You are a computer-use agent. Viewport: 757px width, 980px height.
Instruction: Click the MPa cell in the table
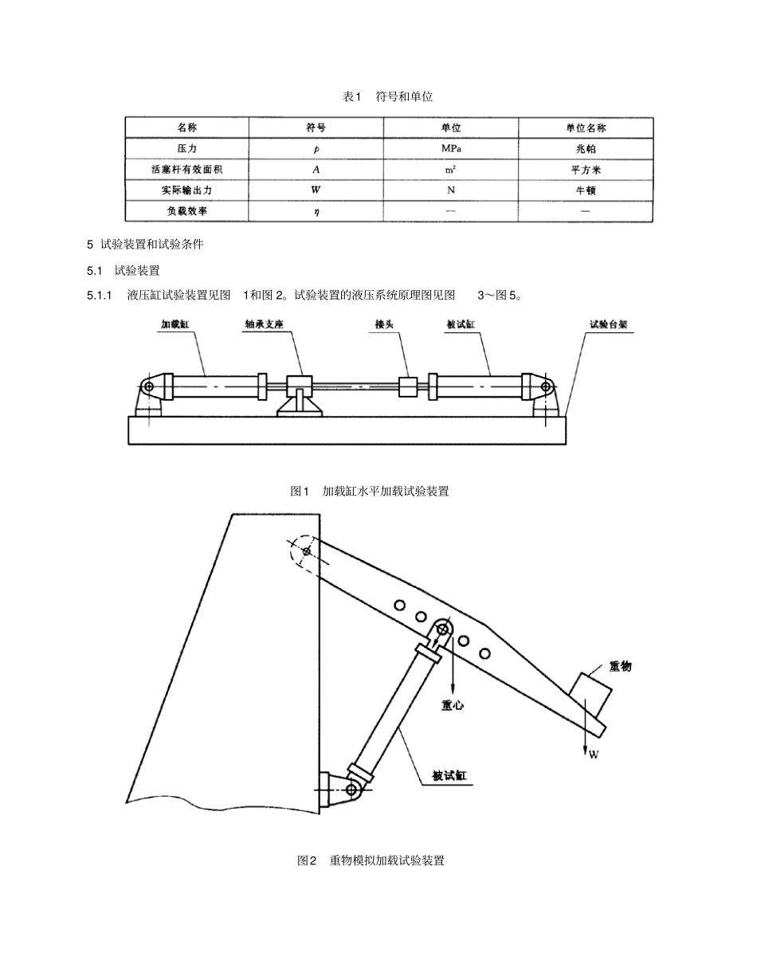tap(451, 148)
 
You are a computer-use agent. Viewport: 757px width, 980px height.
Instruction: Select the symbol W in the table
tap(316, 190)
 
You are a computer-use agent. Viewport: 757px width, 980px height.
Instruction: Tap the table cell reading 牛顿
tap(585, 190)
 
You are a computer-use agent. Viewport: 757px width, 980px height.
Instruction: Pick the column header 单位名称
tap(586, 127)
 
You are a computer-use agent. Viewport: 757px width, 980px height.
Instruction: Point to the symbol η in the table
tap(316, 212)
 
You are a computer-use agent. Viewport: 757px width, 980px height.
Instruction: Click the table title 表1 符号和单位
tap(387, 96)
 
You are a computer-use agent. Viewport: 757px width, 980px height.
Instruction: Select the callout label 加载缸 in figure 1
tap(175, 325)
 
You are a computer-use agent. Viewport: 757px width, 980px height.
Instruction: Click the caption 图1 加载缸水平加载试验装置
tap(370, 492)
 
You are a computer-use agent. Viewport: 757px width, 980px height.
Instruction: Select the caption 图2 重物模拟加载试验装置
tap(371, 860)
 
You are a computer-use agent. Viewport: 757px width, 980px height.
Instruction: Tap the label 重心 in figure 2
tap(453, 705)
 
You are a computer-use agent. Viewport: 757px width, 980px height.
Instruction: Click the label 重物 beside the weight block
tap(620, 666)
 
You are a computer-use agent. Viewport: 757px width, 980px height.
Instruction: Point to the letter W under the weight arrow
tap(593, 755)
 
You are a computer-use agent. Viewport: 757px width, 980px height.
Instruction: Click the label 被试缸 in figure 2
tap(449, 775)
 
